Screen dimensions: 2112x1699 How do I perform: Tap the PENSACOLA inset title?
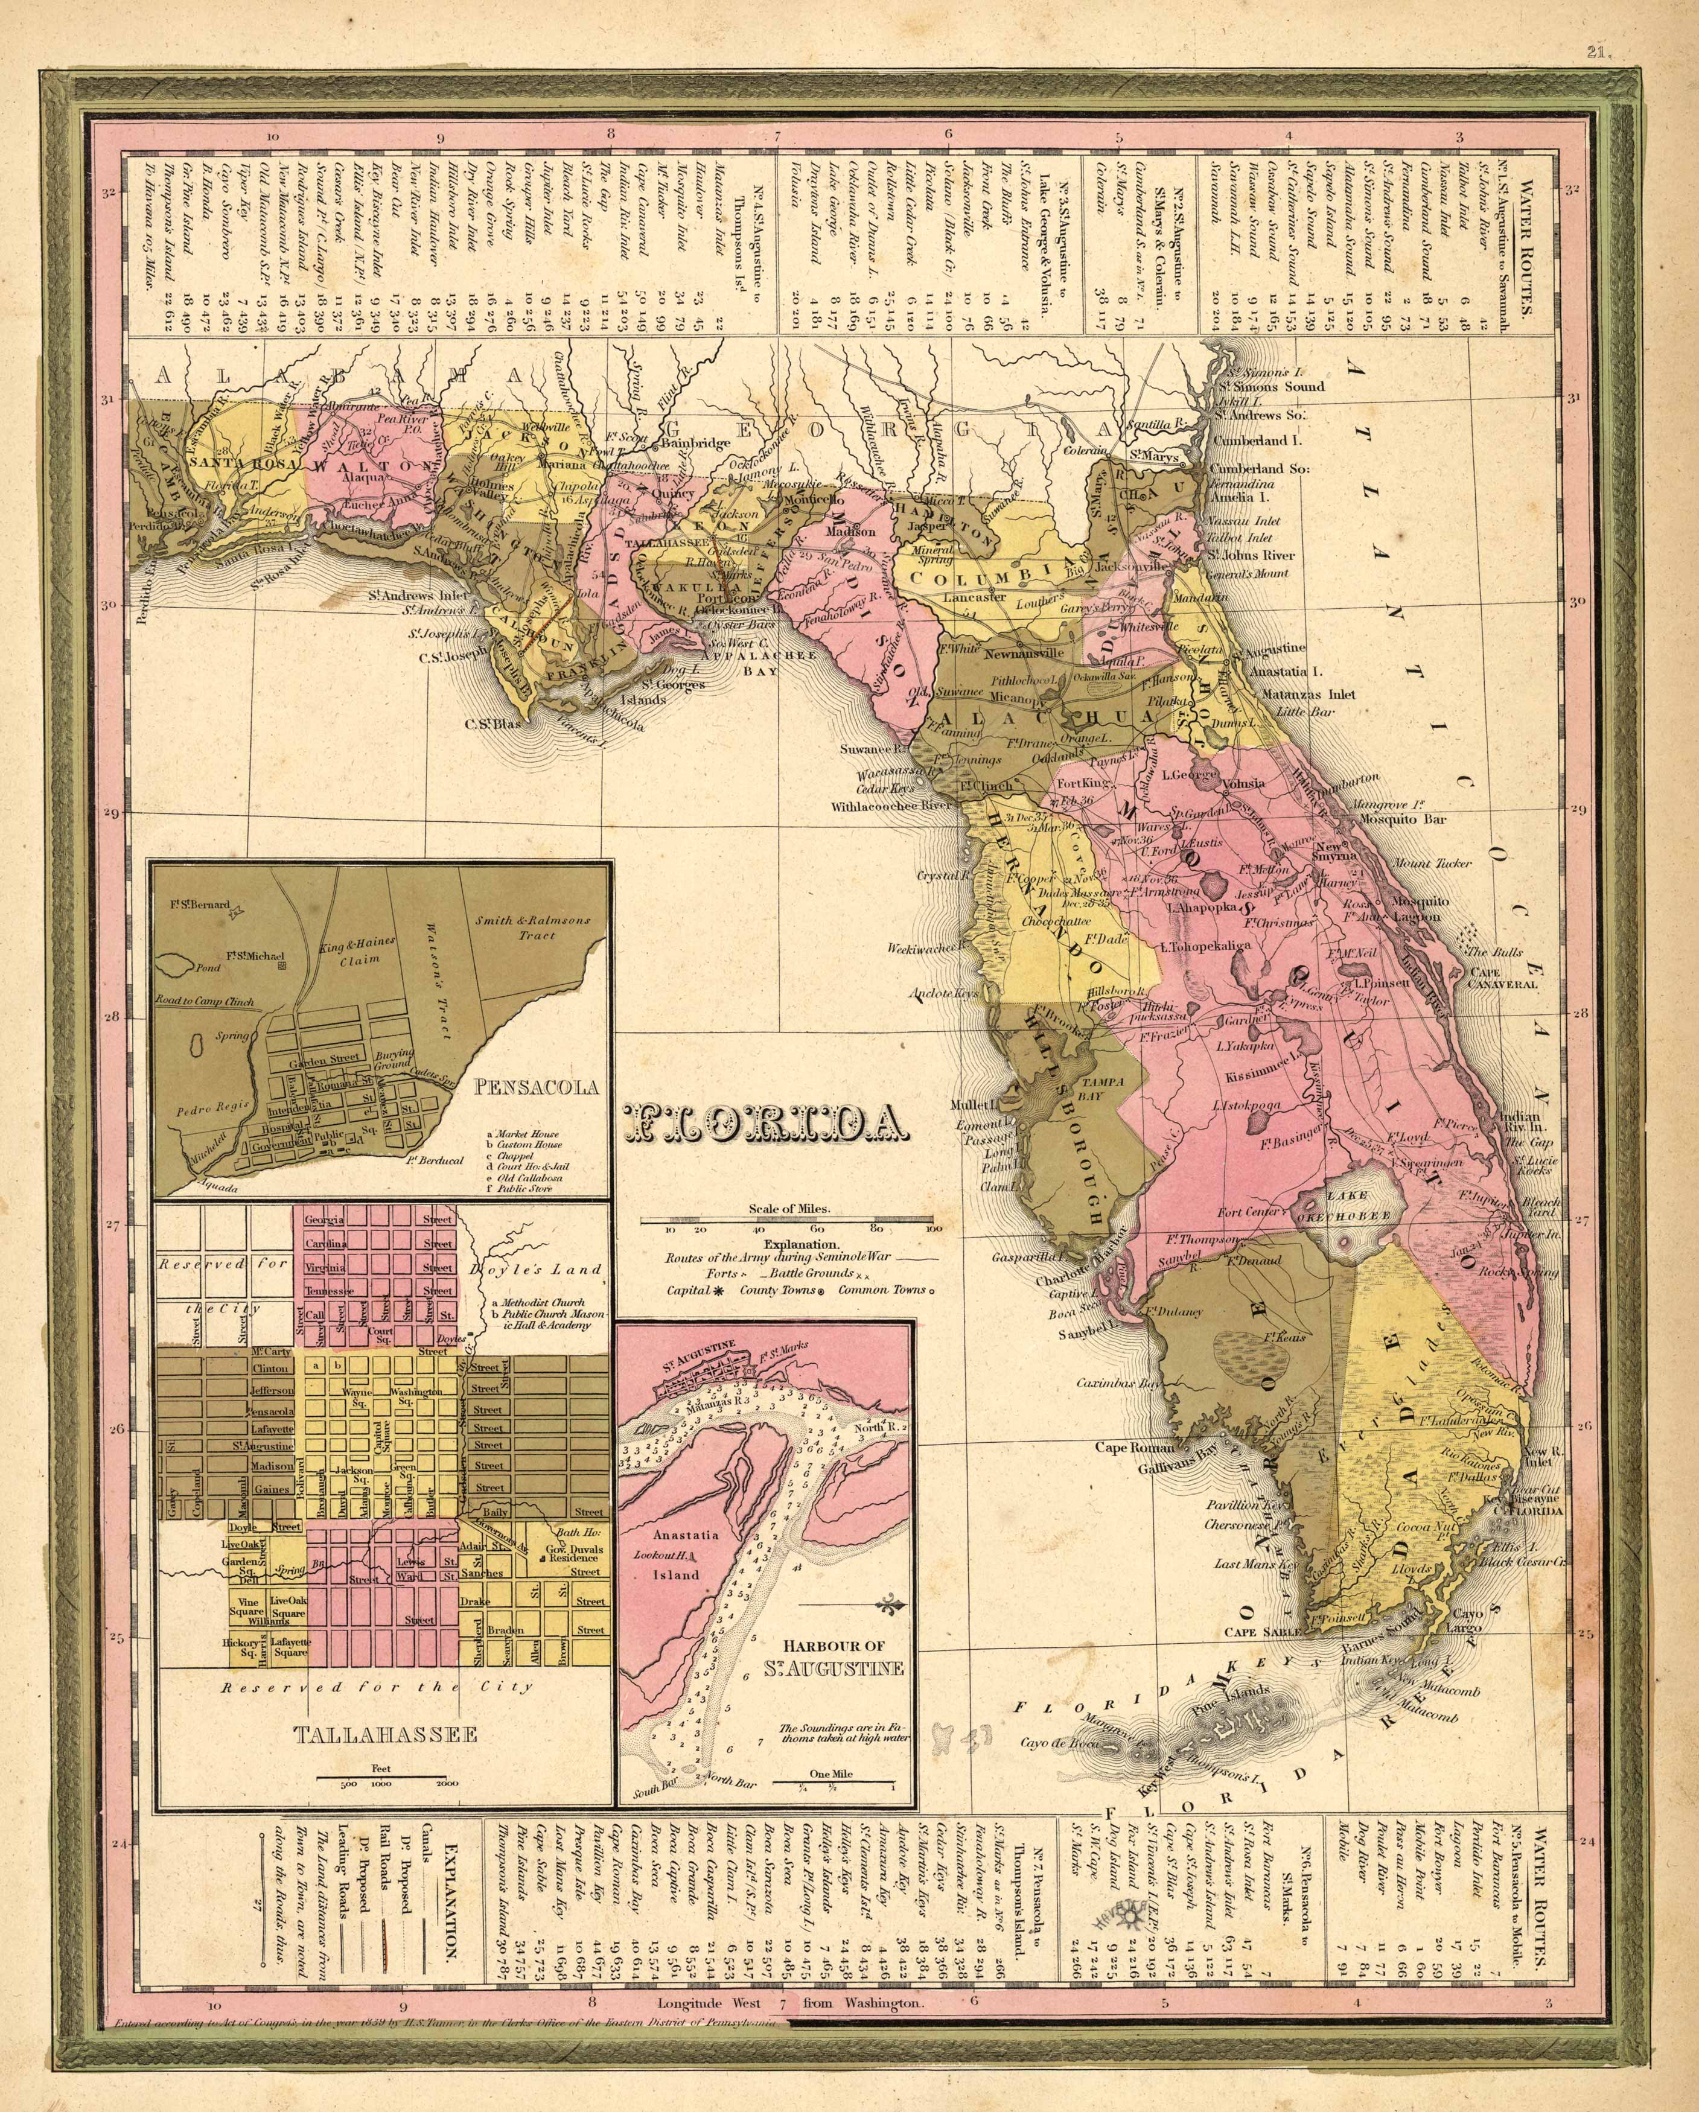[x=538, y=1086]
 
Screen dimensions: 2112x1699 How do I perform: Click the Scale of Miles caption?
[x=789, y=1208]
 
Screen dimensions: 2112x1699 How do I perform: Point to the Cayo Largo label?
[x=1467, y=1621]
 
